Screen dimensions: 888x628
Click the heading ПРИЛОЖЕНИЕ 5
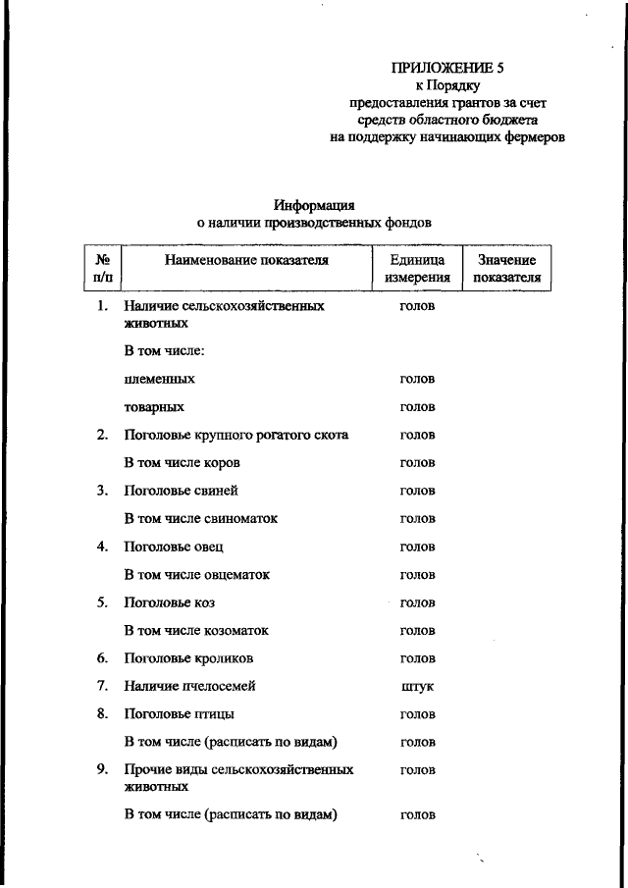coord(447,69)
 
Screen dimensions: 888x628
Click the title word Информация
coord(314,205)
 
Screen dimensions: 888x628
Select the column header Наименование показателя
coord(246,261)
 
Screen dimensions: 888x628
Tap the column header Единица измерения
coord(417,269)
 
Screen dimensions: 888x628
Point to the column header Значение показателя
coord(506,269)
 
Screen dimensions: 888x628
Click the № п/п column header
coord(102,269)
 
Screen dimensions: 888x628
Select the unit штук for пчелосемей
coord(417,687)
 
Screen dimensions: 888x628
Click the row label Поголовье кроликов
coord(188,658)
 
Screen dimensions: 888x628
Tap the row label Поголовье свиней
coord(181,491)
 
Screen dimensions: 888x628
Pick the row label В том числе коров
coord(182,463)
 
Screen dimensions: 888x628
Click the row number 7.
coord(101,687)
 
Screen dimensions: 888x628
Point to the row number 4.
coord(101,547)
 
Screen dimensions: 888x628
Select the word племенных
coord(159,379)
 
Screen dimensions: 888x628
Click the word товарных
coord(155,407)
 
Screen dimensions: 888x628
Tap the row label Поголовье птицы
coord(179,714)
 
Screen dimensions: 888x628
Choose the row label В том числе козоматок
coord(196,631)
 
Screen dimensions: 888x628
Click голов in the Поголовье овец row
coord(417,547)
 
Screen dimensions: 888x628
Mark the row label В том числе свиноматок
coord(200,519)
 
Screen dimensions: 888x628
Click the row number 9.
coord(101,770)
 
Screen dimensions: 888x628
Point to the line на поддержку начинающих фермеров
coord(447,138)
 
